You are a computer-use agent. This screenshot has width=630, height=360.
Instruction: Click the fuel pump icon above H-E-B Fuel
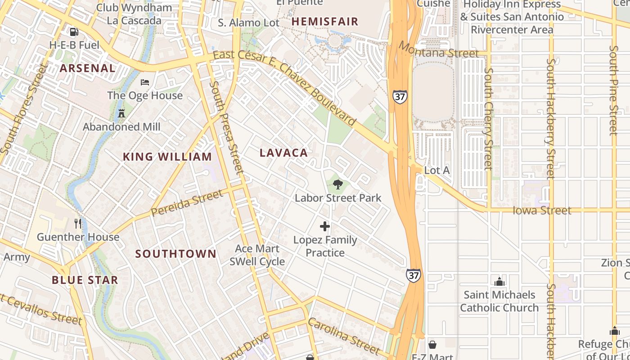(74, 32)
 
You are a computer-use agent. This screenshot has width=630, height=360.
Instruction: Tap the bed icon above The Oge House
(145, 82)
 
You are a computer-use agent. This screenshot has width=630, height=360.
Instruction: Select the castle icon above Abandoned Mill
(121, 113)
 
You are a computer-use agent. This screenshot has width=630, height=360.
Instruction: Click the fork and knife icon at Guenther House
(78, 223)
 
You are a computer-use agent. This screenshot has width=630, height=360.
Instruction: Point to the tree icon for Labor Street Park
(337, 184)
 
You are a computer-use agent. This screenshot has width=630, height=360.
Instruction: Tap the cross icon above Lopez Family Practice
(325, 226)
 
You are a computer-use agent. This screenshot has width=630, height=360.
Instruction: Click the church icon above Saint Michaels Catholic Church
(499, 282)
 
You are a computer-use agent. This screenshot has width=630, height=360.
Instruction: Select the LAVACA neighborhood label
(284, 153)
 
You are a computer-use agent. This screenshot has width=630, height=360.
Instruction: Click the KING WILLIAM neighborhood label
(167, 157)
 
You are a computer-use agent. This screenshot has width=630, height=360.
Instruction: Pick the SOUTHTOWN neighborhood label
(176, 254)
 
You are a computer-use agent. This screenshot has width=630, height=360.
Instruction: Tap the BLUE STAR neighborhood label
(85, 280)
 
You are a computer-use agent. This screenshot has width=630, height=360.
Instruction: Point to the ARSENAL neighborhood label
(88, 68)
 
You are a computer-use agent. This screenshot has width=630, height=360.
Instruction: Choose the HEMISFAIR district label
(325, 22)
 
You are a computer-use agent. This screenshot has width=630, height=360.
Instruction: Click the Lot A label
(437, 171)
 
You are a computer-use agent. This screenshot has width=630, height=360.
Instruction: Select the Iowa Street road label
(542, 211)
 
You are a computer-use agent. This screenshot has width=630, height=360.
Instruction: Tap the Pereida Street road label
(187, 203)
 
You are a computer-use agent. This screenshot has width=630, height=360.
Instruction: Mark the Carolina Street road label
(344, 336)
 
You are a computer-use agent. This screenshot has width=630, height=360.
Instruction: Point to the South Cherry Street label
(488, 119)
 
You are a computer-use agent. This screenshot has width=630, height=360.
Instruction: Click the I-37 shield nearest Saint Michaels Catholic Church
(414, 275)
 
